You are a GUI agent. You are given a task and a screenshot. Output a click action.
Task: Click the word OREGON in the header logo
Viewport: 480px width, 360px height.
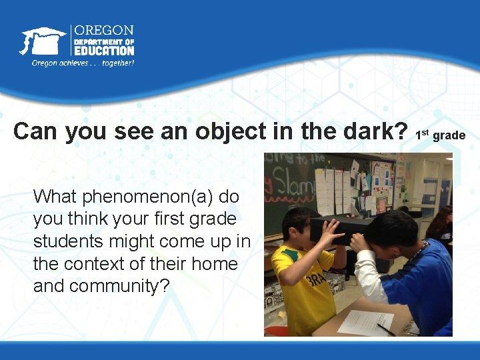pos(103,31)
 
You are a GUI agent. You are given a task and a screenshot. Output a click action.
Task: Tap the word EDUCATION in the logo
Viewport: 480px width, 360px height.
pos(104,51)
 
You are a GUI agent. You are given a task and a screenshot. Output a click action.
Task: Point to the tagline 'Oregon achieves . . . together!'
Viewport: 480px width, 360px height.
pos(83,63)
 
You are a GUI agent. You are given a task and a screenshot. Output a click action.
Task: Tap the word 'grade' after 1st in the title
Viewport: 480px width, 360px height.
pos(449,135)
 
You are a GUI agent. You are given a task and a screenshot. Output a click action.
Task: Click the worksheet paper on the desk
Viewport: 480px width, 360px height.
pos(365,322)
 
